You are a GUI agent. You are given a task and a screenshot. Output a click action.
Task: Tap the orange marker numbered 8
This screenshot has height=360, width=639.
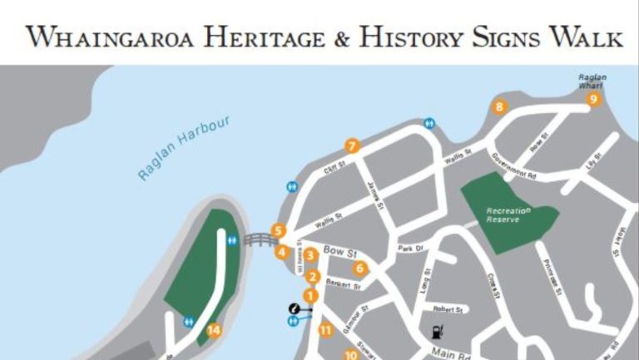[499, 106]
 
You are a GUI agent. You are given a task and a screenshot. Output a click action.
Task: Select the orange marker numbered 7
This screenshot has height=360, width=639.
[352, 146]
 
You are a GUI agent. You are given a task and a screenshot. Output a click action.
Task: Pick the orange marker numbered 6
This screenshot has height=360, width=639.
[360, 268]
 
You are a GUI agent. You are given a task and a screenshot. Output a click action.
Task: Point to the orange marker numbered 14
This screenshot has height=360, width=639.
[214, 330]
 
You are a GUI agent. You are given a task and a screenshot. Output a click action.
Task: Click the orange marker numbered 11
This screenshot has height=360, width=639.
[325, 330]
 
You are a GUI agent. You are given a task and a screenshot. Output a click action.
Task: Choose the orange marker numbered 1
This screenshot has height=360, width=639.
[311, 295]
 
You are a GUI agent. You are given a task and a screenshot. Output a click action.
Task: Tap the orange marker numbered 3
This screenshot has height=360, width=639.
[310, 255]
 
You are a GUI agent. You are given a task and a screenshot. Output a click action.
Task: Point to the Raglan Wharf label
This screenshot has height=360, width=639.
[593, 81]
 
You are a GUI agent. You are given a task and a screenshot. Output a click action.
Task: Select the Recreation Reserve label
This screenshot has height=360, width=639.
[508, 215]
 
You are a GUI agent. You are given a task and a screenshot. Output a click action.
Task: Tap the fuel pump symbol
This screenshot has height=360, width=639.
[436, 332]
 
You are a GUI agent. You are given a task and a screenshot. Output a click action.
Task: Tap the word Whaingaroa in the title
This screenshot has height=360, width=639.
[121, 37]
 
